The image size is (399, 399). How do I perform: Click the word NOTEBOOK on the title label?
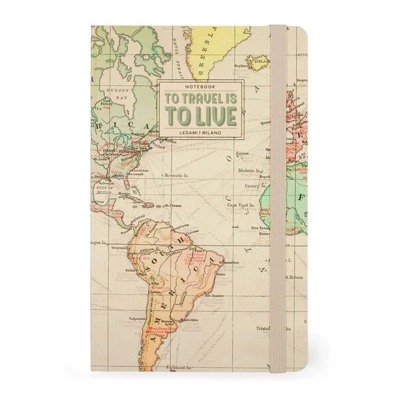pos(198,89)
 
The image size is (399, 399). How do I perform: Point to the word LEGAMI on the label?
pos(186,134)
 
